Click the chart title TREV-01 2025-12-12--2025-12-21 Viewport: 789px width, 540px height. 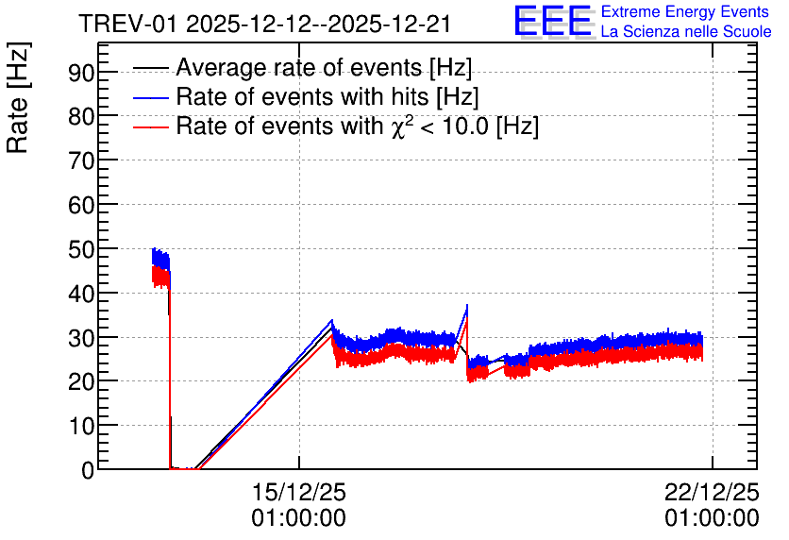click(x=264, y=24)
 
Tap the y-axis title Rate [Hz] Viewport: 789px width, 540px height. click(x=18, y=97)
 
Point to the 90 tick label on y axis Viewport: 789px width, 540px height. click(x=81, y=73)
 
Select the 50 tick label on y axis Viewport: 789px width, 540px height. click(x=81, y=249)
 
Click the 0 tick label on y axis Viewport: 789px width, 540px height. click(x=88, y=470)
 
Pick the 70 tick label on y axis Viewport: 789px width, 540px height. click(x=81, y=161)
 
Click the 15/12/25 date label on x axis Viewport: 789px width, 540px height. click(x=299, y=492)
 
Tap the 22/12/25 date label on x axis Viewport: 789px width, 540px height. click(x=712, y=492)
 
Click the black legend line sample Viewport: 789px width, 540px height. click(x=150, y=68)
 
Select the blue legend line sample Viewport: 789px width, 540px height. click(x=150, y=97)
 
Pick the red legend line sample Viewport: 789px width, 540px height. click(x=150, y=127)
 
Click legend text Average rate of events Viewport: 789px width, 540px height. click(x=299, y=68)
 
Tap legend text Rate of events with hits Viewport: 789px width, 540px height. click(x=302, y=96)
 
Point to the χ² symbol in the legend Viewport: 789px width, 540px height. click(x=401, y=126)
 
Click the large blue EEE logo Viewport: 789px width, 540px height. click(x=553, y=21)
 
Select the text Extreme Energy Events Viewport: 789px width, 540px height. click(x=685, y=11)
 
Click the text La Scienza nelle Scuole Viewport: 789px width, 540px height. click(x=686, y=31)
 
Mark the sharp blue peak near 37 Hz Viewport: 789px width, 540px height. click(x=467, y=305)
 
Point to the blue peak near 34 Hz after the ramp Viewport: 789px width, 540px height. click(x=331, y=320)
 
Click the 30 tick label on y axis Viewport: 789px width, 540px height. click(x=81, y=338)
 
